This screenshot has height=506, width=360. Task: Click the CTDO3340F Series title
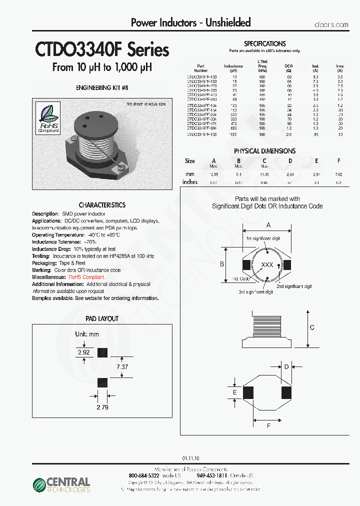(x=101, y=50)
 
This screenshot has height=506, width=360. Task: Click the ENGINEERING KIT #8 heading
(x=101, y=87)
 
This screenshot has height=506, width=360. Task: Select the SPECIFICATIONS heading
(x=264, y=44)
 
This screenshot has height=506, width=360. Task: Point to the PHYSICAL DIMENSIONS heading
(x=264, y=151)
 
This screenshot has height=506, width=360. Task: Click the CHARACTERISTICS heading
(x=102, y=205)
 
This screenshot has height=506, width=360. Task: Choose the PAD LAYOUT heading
(x=101, y=318)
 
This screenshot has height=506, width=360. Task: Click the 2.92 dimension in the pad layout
(x=83, y=352)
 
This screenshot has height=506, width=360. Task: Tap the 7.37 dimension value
(x=122, y=366)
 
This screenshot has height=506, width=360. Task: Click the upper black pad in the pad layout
(x=102, y=352)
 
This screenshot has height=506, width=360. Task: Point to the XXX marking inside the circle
(x=267, y=264)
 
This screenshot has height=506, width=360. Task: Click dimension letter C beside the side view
(x=311, y=327)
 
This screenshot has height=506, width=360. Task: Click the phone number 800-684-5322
(x=145, y=475)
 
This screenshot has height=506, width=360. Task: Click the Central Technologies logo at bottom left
(x=61, y=484)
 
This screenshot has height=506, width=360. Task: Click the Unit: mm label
(x=87, y=334)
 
